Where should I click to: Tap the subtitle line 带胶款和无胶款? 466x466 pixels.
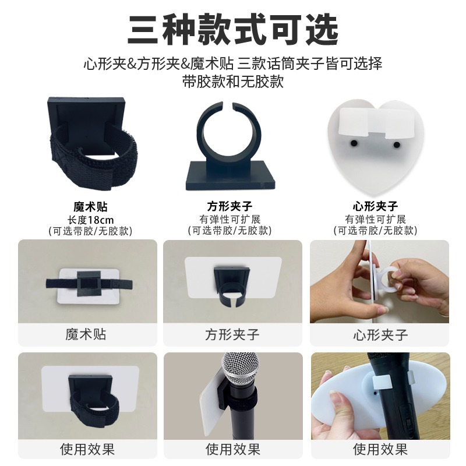(x=233, y=81)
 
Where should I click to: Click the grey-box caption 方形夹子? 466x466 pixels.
(x=232, y=335)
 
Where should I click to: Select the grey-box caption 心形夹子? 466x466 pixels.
(x=380, y=335)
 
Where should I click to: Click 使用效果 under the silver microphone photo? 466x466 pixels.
(x=232, y=449)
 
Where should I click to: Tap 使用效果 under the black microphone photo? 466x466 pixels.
(x=380, y=449)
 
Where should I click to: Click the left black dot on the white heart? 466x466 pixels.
(x=354, y=143)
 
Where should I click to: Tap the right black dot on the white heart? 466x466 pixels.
(x=397, y=144)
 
